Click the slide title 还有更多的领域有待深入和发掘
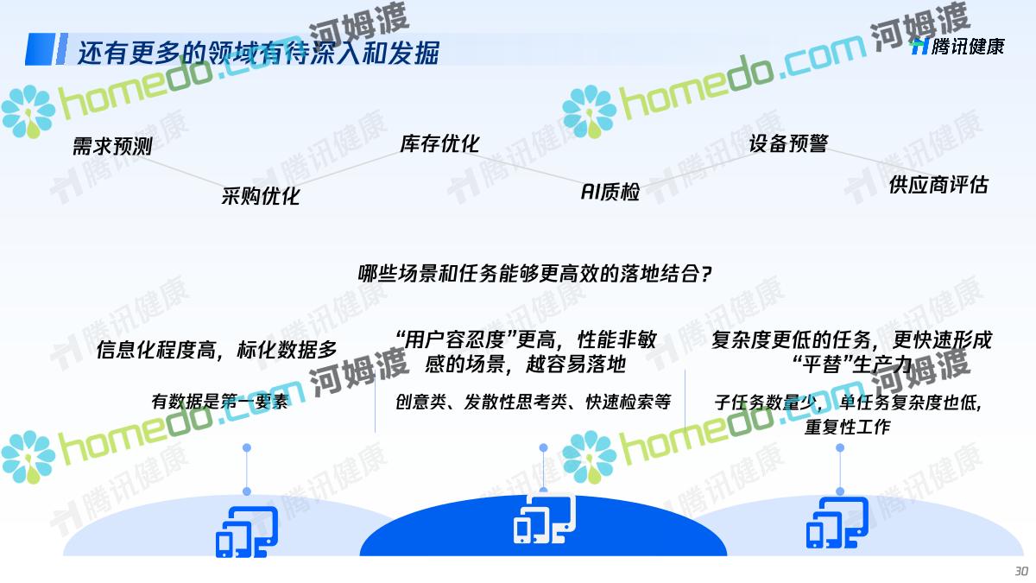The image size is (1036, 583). [258, 52]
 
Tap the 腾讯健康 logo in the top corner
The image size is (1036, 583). [957, 47]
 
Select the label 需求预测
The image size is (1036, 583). [112, 146]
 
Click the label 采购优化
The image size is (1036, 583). [261, 196]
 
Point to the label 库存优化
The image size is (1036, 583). [439, 143]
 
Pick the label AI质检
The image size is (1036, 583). [610, 192]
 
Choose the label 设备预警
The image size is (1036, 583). [788, 143]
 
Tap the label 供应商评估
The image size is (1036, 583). [938, 185]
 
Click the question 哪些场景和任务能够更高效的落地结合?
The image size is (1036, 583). [535, 274]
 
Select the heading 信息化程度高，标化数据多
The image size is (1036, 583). [217, 350]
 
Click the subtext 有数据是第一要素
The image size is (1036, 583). [220, 401]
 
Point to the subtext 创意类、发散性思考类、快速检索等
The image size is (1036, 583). [534, 402]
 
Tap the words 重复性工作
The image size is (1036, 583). [847, 426]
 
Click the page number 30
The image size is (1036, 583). [1021, 571]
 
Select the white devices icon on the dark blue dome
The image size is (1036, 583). [545, 518]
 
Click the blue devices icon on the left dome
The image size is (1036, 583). [247, 532]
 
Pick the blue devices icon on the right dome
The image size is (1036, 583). [837, 523]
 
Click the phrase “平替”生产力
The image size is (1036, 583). [852, 364]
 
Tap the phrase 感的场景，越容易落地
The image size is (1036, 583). [526, 364]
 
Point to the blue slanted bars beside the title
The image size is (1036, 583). [47, 49]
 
